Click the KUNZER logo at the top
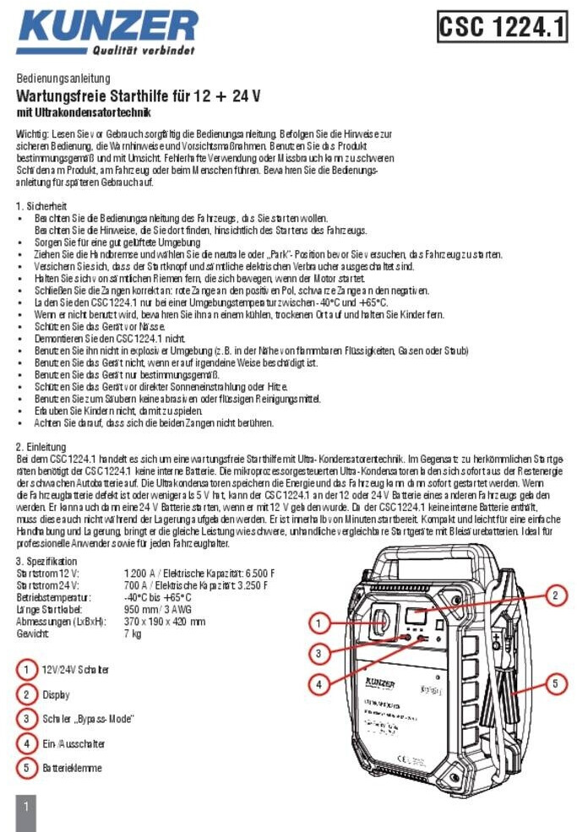tap(106, 31)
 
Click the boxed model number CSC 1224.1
tap(502, 28)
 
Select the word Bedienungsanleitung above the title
tap(57, 79)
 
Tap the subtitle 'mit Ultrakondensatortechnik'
tap(84, 112)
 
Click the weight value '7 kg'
tap(133, 633)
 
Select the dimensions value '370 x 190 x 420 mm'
tap(165, 621)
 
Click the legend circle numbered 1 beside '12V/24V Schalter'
tap(28, 670)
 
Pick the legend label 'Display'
tap(56, 694)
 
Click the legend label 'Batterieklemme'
tap(73, 768)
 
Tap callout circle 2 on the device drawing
tap(555, 595)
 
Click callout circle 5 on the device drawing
tap(555, 683)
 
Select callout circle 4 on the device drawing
tap(318, 684)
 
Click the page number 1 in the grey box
tap(26, 807)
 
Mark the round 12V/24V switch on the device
tap(379, 623)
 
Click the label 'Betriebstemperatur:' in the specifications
tap(49, 597)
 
